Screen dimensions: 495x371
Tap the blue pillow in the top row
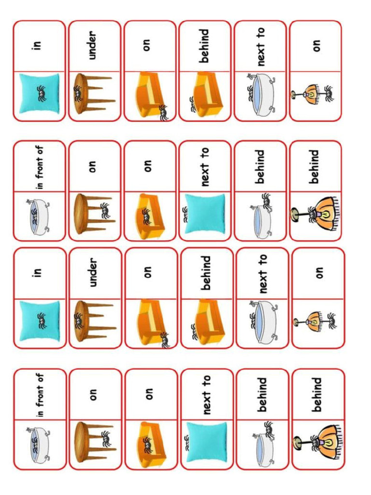tap(39, 94)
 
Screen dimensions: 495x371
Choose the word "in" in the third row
tap(39, 273)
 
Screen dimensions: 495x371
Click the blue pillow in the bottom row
tap(206, 442)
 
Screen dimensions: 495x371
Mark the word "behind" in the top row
tap(204, 45)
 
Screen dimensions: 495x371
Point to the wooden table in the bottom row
tap(92, 442)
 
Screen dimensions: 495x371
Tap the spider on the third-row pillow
tap(41, 319)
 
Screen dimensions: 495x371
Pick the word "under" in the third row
tap(93, 273)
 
